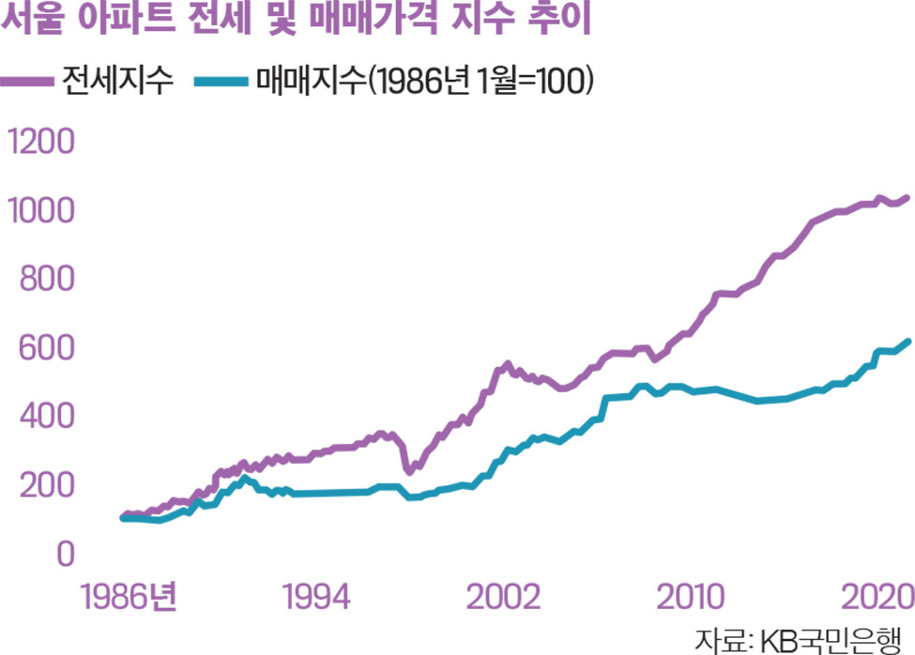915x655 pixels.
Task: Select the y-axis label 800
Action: [40, 280]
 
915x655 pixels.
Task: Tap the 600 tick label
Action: [40, 348]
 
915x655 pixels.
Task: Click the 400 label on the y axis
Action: [40, 417]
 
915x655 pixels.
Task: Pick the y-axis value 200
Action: [40, 485]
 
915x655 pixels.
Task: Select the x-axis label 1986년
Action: [116, 598]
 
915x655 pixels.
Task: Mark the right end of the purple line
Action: [907, 198]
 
